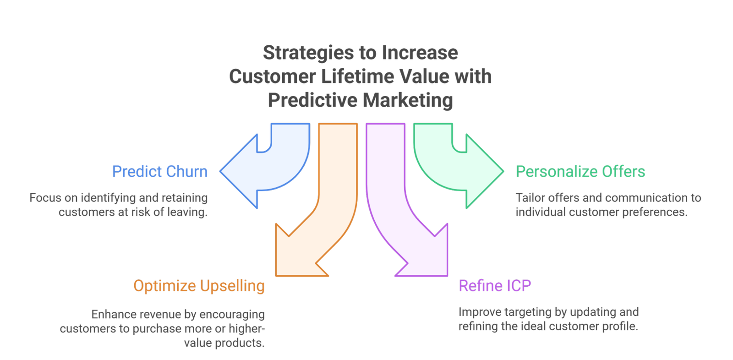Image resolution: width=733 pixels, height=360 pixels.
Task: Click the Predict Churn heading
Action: (160, 172)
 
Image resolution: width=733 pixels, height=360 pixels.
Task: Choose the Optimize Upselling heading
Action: (199, 286)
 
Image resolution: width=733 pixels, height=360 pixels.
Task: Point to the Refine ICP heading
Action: (495, 286)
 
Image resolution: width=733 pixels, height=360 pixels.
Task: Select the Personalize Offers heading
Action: (580, 172)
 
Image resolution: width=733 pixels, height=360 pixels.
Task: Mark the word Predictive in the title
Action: (312, 100)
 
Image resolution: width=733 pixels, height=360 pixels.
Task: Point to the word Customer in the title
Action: (272, 76)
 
